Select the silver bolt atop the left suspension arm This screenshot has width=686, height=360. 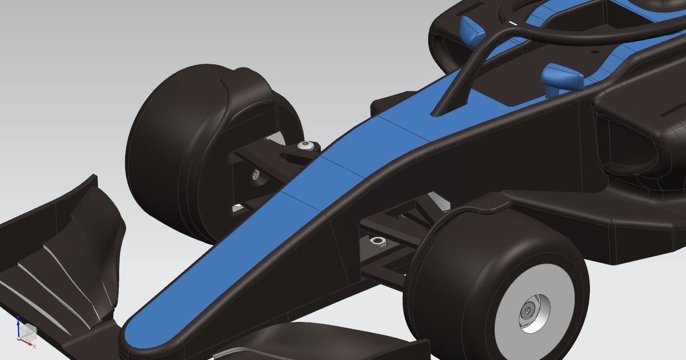coord(308,146)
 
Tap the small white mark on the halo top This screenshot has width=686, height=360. coord(513,23)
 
